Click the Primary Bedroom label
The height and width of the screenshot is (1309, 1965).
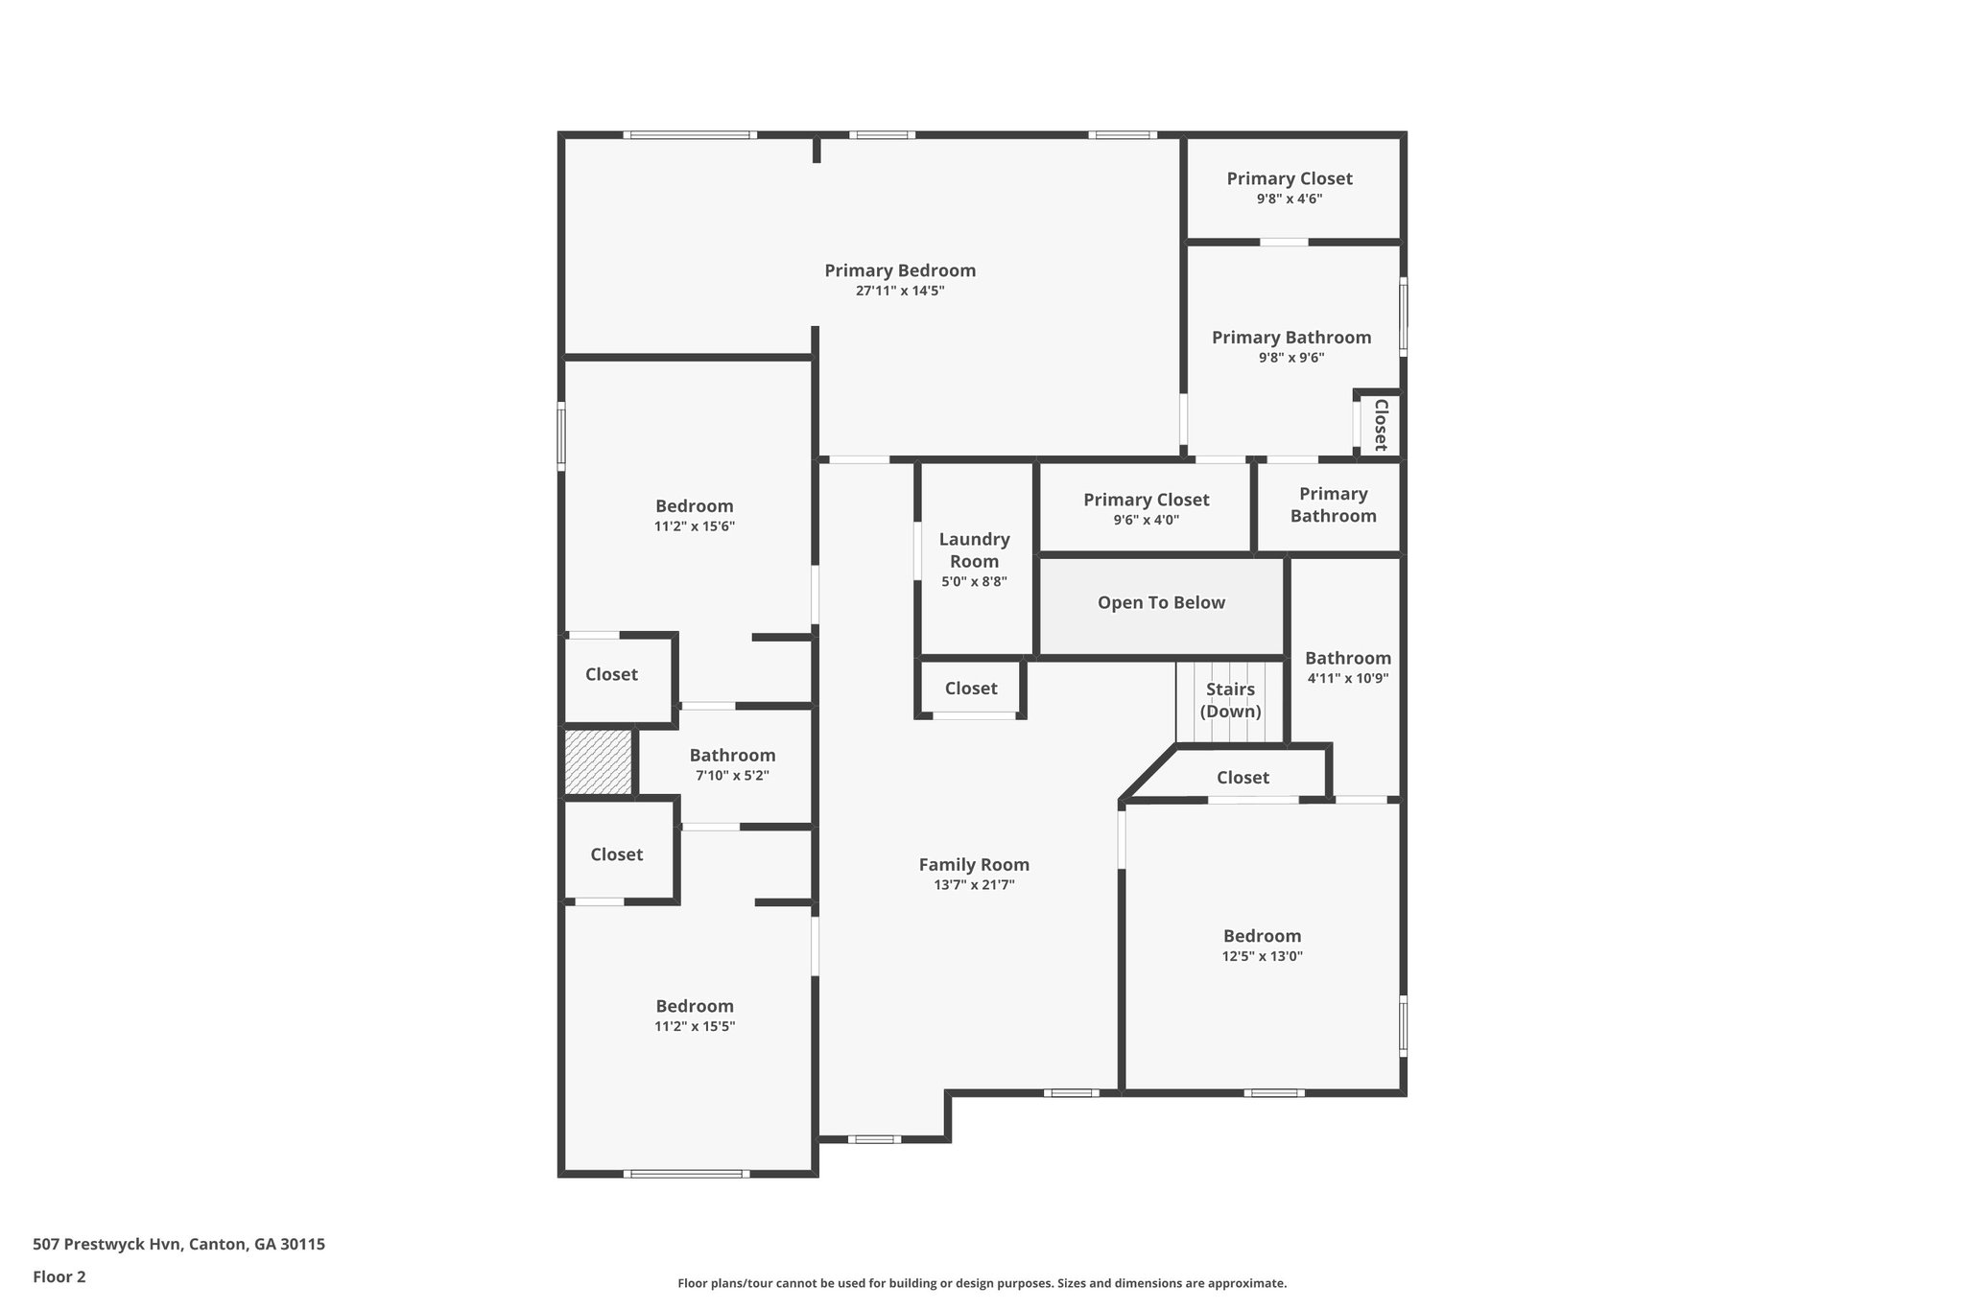pyautogui.click(x=900, y=271)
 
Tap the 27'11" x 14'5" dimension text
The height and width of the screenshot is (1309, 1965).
pyautogui.click(x=900, y=292)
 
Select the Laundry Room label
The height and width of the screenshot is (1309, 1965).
pyautogui.click(x=974, y=550)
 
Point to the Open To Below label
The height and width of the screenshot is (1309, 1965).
pyautogui.click(x=1161, y=603)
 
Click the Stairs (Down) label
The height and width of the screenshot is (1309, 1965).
pyautogui.click(x=1230, y=700)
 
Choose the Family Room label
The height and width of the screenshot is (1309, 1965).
pyautogui.click(x=974, y=865)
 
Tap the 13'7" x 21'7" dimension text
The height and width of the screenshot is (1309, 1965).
pyautogui.click(x=974, y=885)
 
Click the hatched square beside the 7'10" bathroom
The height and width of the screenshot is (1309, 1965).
pyautogui.click(x=598, y=762)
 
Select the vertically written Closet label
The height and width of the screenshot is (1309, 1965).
pyautogui.click(x=1381, y=425)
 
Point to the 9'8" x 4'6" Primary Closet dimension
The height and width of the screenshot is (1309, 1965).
pyautogui.click(x=1290, y=199)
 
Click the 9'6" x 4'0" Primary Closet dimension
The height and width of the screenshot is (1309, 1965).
pyautogui.click(x=1146, y=521)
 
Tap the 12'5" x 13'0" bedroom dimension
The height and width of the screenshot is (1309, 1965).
pyautogui.click(x=1262, y=956)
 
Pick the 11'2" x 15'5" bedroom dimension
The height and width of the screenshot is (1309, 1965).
pyautogui.click(x=695, y=1026)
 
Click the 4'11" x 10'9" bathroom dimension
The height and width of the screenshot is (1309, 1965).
pyautogui.click(x=1347, y=678)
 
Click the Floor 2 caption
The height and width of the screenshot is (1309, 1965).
pyautogui.click(x=59, y=1276)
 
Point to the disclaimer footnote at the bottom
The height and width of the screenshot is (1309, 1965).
pyautogui.click(x=982, y=1283)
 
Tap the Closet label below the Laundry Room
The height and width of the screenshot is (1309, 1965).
pyautogui.click(x=971, y=689)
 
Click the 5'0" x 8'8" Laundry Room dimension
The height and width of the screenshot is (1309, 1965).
pyautogui.click(x=974, y=581)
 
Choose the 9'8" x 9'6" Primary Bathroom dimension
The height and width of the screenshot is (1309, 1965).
pyautogui.click(x=1291, y=358)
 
